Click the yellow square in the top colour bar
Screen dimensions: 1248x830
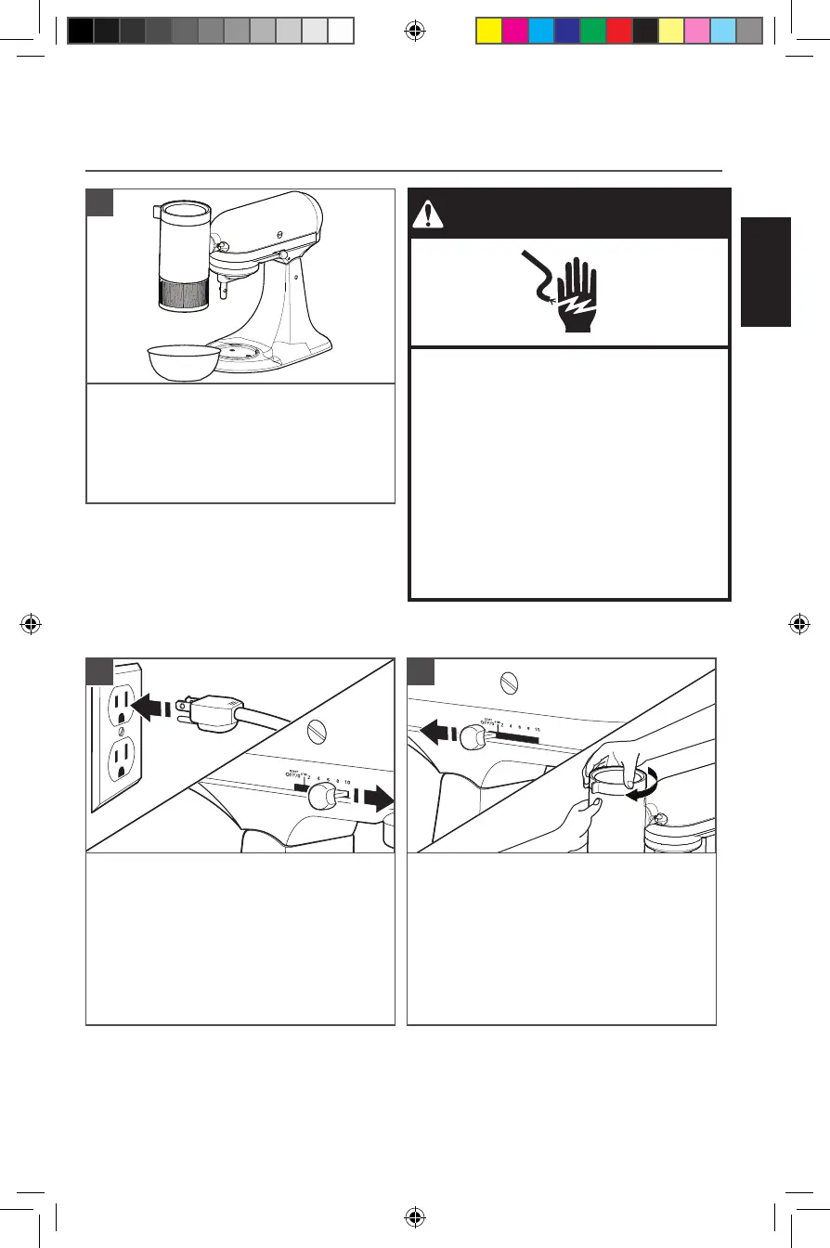pos(488,32)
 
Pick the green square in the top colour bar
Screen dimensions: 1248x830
pos(592,32)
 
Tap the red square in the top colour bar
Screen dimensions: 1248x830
pos(618,32)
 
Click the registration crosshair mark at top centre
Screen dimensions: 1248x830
pos(415,31)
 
